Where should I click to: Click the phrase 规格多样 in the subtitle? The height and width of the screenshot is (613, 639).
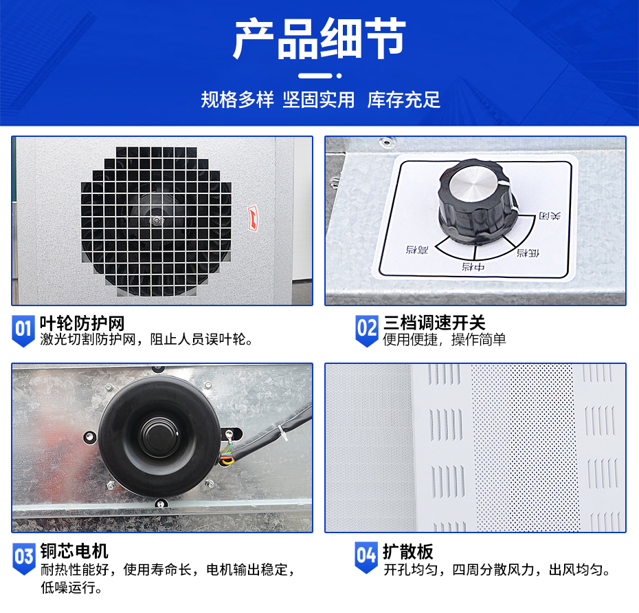[x=237, y=100]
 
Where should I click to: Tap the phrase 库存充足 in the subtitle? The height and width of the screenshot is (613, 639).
[x=403, y=100]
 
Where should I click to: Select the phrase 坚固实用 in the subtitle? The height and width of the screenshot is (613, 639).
[x=319, y=100]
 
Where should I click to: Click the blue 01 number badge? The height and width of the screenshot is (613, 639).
[x=23, y=329]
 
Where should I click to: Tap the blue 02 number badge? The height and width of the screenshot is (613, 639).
[x=367, y=329]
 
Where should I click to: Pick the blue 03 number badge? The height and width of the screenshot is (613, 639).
[x=23, y=556]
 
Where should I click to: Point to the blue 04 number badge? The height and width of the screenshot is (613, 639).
[x=367, y=556]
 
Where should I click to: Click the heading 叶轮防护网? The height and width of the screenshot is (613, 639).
[x=82, y=323]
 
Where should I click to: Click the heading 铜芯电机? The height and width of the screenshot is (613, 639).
[x=74, y=550]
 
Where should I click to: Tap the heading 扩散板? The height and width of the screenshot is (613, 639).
[x=408, y=551]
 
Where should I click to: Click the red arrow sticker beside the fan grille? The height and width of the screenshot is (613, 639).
[x=254, y=218]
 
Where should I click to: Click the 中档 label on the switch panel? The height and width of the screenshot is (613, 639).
[x=472, y=266]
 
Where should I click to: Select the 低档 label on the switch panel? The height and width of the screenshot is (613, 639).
[x=528, y=252]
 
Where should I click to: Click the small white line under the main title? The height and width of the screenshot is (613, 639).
[x=319, y=74]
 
